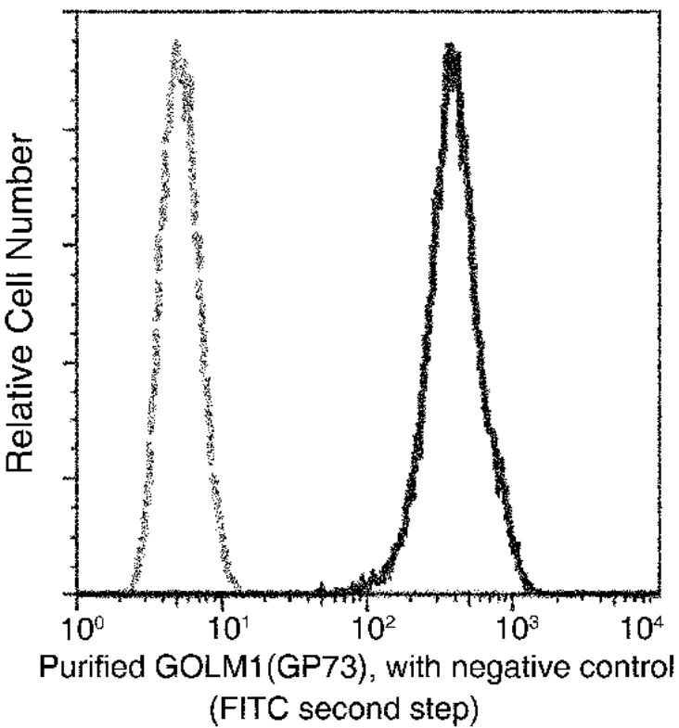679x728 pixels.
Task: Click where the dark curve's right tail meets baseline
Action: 534,590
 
